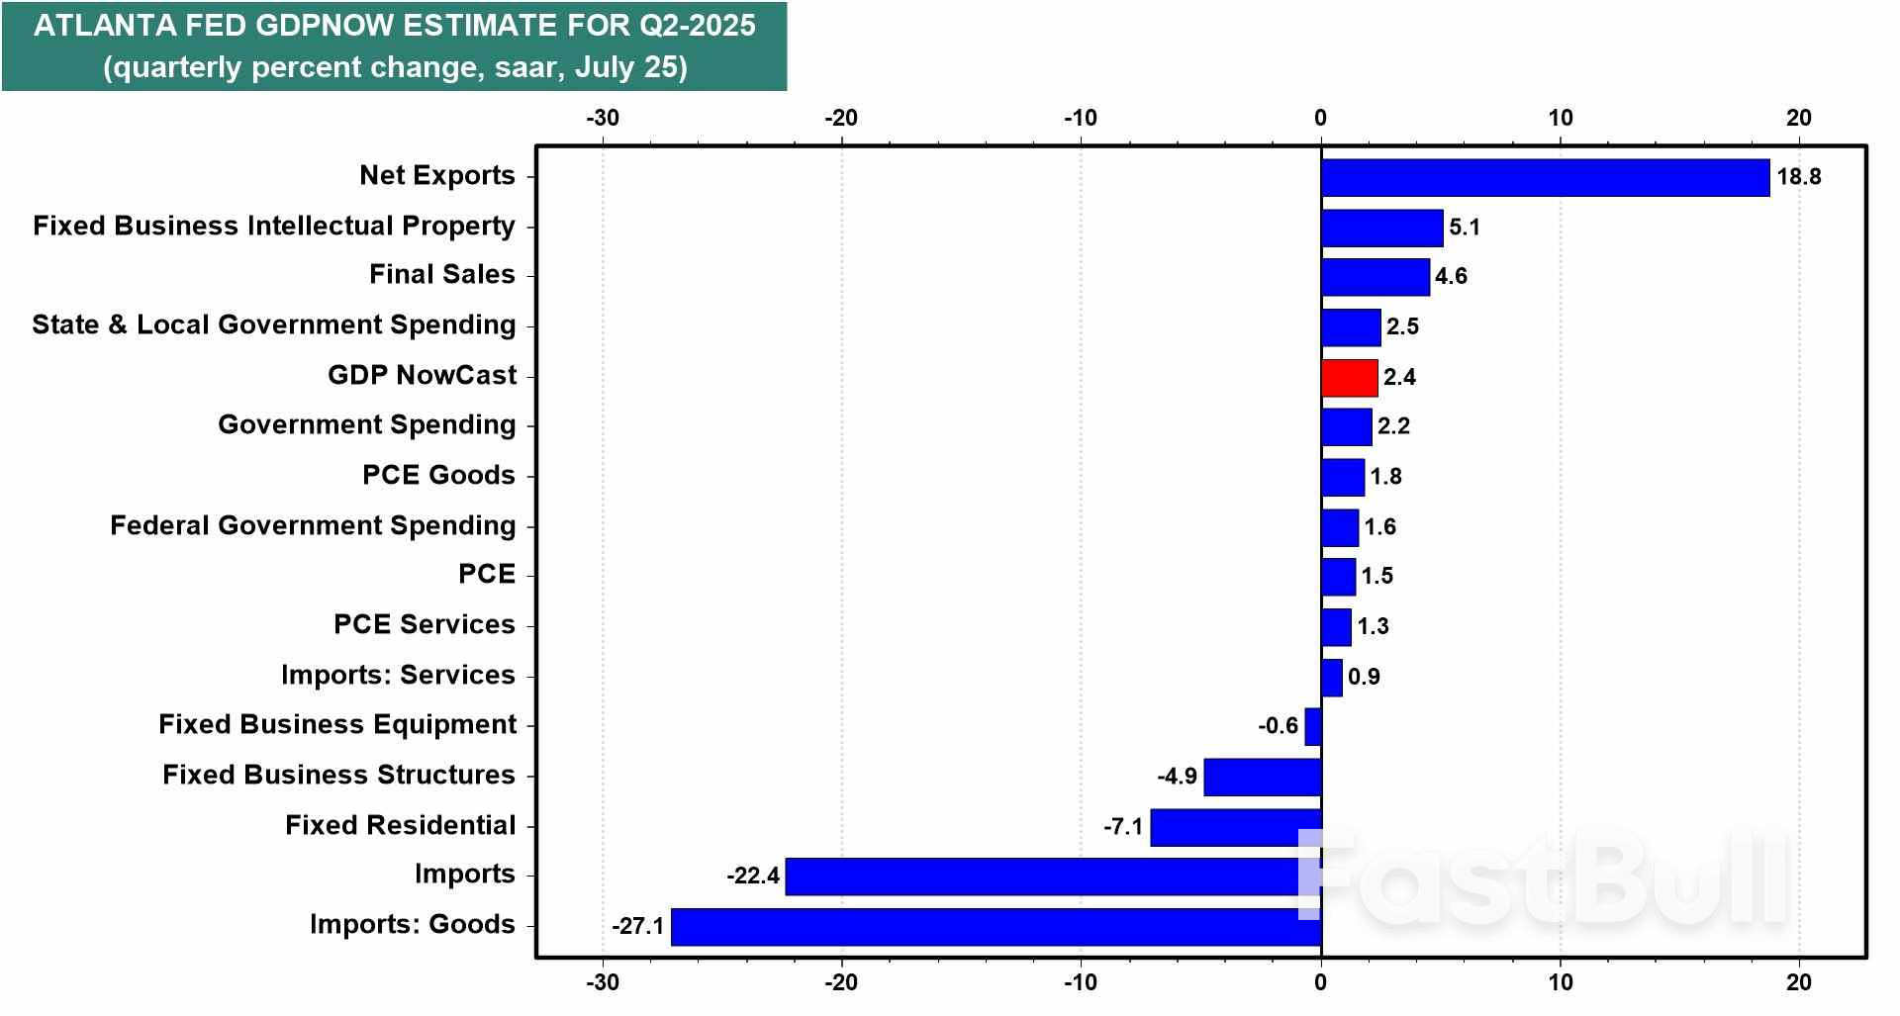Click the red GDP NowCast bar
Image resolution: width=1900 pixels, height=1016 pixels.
point(1349,377)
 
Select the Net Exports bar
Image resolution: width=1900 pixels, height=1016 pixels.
point(1545,177)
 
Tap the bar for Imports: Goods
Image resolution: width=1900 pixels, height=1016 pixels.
point(996,926)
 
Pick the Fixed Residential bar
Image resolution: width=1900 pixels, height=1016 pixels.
point(1235,826)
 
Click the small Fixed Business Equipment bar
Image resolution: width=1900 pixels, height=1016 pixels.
point(1313,726)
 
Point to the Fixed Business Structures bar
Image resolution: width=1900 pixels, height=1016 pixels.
point(1262,777)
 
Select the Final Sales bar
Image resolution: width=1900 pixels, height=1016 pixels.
point(1375,277)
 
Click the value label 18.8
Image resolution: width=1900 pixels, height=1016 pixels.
point(1798,177)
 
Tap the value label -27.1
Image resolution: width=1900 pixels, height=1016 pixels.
point(637,926)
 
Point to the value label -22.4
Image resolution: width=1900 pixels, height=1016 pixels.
point(752,876)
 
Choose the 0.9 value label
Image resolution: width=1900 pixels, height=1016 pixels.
point(1364,677)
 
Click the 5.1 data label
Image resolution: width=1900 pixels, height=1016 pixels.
point(1464,228)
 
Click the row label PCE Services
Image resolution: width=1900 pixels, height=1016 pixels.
point(424,624)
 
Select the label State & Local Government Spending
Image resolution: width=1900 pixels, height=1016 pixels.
point(273,324)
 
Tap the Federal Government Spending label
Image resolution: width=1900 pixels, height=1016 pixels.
point(313,525)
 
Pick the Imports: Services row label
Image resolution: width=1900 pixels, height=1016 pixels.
point(398,675)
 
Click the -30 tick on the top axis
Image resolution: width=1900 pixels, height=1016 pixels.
point(602,118)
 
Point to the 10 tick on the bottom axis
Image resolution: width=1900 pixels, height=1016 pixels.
point(1560,981)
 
